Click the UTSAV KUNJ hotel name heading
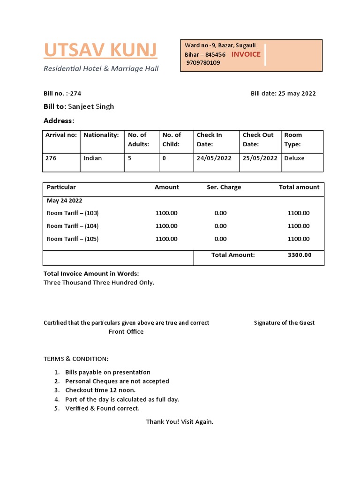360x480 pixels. pos(100,50)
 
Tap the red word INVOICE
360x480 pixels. pos(246,54)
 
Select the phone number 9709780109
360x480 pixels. pos(203,63)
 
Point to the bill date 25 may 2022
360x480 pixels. pos(297,93)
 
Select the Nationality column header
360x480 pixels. pos(101,135)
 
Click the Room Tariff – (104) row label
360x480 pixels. pos(73,226)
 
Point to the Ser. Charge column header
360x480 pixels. pos(224,187)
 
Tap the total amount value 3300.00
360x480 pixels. pos(299,255)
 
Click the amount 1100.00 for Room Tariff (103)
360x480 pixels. pos(166,213)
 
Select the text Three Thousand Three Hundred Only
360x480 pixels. pos(98,283)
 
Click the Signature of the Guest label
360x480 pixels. pos(284,322)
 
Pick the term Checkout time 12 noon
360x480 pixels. pos(100,390)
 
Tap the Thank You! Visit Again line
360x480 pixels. pos(180,421)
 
